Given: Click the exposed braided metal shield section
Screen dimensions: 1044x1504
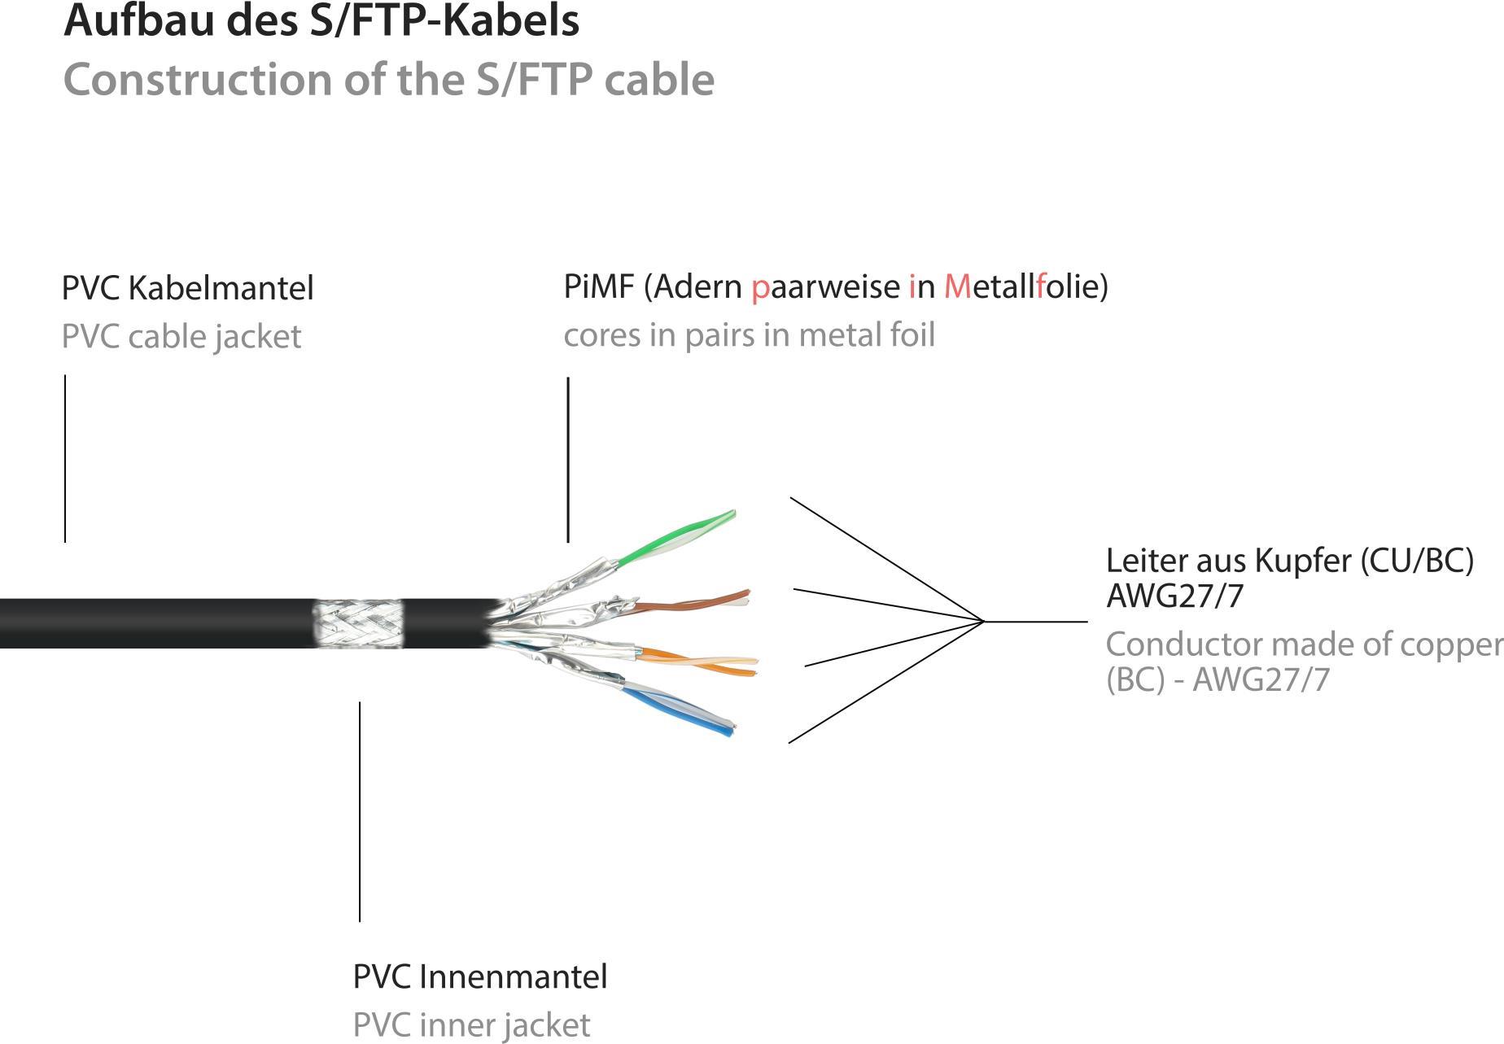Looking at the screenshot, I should pyautogui.click(x=358, y=624).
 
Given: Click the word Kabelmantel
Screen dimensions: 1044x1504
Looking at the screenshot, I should pyautogui.click(x=221, y=288).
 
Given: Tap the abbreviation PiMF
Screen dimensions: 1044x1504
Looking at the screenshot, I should pyautogui.click(x=598, y=286).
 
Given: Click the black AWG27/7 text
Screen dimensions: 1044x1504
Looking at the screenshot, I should pyautogui.click(x=1174, y=596).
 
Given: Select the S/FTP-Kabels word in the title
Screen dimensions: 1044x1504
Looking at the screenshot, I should pyautogui.click(x=444, y=20).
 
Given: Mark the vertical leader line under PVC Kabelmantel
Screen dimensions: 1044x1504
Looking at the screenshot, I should pyautogui.click(x=65, y=458).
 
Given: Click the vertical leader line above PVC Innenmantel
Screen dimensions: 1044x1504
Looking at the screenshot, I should pyautogui.click(x=360, y=811).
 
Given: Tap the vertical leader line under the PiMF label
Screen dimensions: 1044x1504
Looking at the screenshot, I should pyautogui.click(x=568, y=459).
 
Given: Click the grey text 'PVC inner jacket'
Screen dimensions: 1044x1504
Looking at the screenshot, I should pyautogui.click(x=471, y=1024).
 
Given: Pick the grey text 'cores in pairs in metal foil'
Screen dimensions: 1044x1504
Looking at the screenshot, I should pyautogui.click(x=749, y=335).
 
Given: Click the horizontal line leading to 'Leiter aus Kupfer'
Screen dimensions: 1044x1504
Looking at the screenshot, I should pyautogui.click(x=1035, y=622).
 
